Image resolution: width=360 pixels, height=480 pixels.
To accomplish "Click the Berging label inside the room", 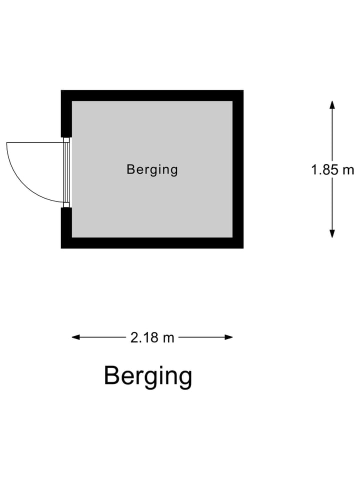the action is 152,170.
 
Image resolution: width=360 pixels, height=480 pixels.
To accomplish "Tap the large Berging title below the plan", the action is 148,376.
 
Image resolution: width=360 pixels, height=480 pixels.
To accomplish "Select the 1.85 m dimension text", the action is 332,170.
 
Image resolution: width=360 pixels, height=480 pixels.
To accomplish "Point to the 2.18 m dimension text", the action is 152,337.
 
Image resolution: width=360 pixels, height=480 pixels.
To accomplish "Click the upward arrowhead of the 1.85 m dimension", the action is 332,104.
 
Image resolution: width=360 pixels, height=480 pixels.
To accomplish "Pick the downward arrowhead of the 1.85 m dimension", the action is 332,233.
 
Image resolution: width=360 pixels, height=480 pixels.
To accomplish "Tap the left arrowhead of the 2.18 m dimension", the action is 76,337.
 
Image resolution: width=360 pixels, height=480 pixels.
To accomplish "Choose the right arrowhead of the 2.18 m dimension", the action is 228,337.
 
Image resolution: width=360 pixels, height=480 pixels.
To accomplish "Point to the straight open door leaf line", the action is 35,142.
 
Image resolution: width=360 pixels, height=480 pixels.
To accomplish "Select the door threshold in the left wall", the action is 66,172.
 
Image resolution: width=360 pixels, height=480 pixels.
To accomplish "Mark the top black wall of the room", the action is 152,95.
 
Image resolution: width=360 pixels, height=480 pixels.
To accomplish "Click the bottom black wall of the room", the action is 152,243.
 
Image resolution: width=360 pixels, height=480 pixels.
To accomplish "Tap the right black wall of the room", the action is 238,169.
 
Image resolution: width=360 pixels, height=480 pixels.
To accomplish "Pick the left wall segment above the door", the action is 66,113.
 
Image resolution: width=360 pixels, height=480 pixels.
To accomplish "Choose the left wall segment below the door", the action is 66,228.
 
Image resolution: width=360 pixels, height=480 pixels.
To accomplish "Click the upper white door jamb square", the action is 66,140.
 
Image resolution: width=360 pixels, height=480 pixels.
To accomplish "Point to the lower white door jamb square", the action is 66,205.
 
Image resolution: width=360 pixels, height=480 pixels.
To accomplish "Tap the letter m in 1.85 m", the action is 348,171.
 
